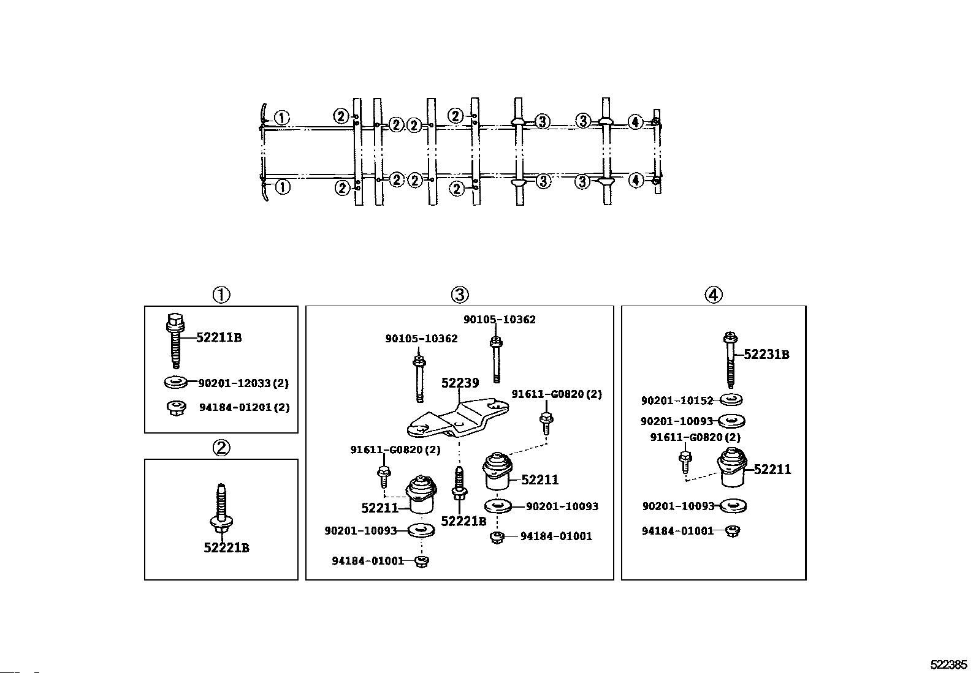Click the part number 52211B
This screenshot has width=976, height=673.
(219, 337)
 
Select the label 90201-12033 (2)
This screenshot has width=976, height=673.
(243, 383)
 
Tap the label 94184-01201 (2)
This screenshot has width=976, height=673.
(245, 407)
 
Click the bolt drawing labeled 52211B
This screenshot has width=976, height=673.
(175, 340)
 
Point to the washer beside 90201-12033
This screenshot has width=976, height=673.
(175, 382)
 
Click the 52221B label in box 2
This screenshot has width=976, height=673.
(227, 547)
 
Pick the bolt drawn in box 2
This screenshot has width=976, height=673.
(221, 509)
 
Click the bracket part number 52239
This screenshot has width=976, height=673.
(460, 383)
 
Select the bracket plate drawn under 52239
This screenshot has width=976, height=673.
(458, 418)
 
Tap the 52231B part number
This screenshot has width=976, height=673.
(766, 355)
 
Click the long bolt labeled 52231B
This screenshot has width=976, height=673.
(731, 360)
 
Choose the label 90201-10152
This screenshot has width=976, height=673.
(677, 400)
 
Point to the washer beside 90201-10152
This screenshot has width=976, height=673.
(731, 399)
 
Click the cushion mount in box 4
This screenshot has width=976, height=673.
(732, 467)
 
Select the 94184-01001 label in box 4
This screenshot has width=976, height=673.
(677, 531)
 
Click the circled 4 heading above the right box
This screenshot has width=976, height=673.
(713, 295)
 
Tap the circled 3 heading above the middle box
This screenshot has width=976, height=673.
(460, 295)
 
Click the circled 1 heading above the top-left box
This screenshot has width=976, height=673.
(221, 295)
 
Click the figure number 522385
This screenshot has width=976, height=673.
(948, 664)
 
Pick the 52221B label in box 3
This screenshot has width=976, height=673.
(463, 521)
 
